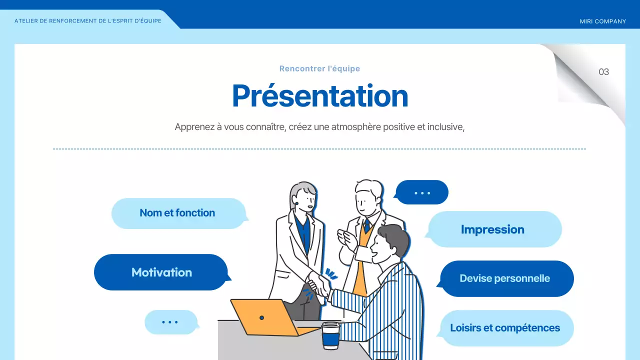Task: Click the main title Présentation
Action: [320, 95]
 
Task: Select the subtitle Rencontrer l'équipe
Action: [319, 69]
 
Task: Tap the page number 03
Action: [603, 72]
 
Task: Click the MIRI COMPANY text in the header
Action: [602, 21]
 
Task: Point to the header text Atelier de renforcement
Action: [88, 21]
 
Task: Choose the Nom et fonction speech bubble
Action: [177, 213]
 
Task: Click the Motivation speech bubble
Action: [161, 272]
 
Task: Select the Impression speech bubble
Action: [492, 229]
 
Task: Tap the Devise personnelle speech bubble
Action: [504, 278]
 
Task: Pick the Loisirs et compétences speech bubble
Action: [505, 328]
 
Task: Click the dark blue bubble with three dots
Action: [422, 192]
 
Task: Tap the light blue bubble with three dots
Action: [170, 322]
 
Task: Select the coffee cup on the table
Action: [330, 335]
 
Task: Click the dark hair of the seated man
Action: [393, 237]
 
